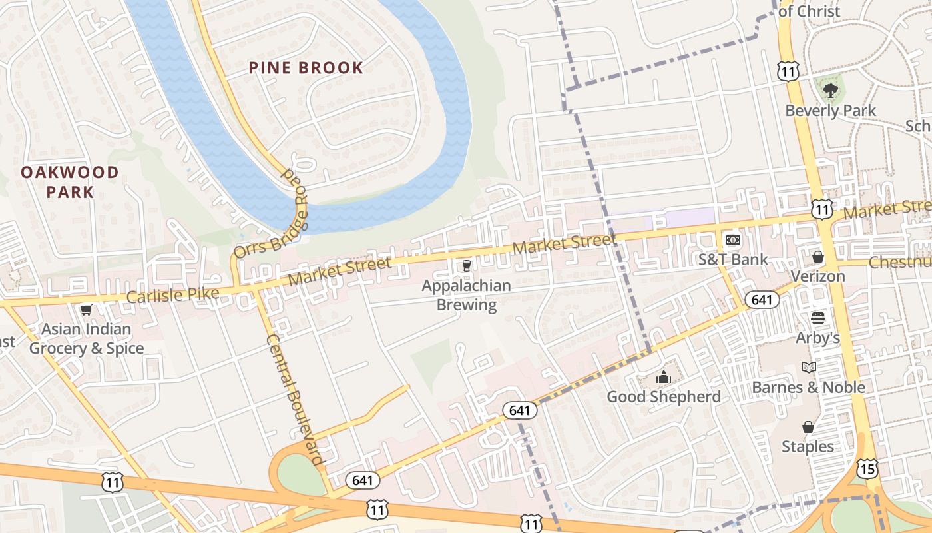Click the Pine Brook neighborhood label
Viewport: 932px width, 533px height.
tap(306, 67)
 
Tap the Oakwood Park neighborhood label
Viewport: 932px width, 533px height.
tap(70, 182)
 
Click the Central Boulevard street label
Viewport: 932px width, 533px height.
tap(294, 398)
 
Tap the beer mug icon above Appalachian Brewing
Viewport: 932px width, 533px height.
tap(466, 266)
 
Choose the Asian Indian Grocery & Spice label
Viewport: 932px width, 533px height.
tap(87, 338)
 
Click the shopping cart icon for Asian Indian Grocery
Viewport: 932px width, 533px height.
tap(86, 310)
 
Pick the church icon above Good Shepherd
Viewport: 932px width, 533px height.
tap(663, 378)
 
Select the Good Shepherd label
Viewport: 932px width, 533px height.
tap(663, 397)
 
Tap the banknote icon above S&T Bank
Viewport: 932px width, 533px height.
tap(732, 239)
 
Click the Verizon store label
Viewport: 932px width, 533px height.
tap(817, 276)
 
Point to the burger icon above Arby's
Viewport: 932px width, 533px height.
tap(817, 318)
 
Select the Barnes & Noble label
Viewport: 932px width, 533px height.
tap(808, 387)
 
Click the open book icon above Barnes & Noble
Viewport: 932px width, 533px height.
tap(808, 367)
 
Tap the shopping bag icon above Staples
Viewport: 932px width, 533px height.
tap(808, 426)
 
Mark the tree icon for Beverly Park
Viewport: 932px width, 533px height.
tap(830, 90)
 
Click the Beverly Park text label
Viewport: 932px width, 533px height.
tap(830, 111)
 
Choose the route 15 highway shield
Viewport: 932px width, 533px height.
tap(867, 469)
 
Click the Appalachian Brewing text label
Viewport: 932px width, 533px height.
tap(467, 295)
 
